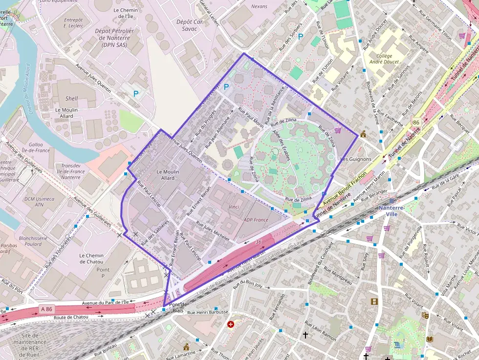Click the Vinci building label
tap(234, 207)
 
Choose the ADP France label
tap(256, 220)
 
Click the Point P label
tap(103, 273)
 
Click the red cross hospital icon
tap(230, 324)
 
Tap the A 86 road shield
tap(47, 309)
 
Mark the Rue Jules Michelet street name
tap(213, 231)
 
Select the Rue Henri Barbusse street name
tap(208, 312)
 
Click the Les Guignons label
tap(355, 159)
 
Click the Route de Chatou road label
tap(72, 317)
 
